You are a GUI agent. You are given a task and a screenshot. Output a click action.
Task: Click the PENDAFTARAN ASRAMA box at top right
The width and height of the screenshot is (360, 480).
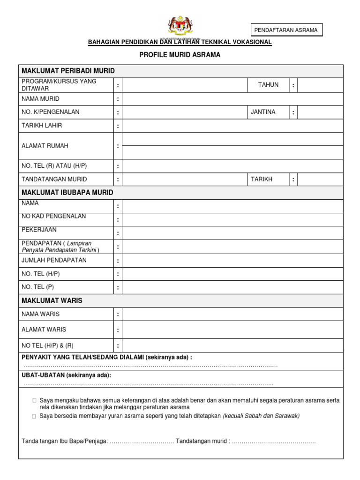point(285,30)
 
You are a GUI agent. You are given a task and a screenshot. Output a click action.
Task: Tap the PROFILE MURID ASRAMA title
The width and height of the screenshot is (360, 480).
point(180,55)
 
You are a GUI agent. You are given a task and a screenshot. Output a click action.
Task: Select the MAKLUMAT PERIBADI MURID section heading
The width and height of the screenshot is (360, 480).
point(68,71)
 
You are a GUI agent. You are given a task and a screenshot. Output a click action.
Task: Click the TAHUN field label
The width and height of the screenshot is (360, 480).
point(268,85)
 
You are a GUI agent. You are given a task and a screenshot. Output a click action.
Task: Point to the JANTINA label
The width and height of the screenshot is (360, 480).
point(263,112)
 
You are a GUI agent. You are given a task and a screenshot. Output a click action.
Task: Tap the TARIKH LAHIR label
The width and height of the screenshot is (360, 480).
point(42,126)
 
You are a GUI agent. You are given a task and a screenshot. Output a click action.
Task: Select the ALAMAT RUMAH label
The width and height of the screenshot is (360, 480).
point(45,146)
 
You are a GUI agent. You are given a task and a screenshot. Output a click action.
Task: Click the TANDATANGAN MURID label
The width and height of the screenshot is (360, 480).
point(54,179)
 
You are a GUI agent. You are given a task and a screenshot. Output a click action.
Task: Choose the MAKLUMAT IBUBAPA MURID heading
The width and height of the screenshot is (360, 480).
point(67,193)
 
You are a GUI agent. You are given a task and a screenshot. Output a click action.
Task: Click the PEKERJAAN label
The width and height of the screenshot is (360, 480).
point(39,230)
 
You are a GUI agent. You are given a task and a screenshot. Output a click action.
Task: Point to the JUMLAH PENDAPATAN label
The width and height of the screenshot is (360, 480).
point(54,260)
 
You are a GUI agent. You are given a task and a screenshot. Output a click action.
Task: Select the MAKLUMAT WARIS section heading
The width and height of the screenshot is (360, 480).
point(52,300)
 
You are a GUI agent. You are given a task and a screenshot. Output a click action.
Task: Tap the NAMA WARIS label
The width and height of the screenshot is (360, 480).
point(41,314)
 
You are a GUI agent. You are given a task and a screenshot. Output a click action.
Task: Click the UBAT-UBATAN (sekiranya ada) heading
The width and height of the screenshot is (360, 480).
point(67,375)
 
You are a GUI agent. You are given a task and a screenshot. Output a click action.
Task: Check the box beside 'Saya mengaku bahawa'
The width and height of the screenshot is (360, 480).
point(34,401)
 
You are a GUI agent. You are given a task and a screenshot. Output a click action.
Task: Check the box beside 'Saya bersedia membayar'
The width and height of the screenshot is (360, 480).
point(34,416)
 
